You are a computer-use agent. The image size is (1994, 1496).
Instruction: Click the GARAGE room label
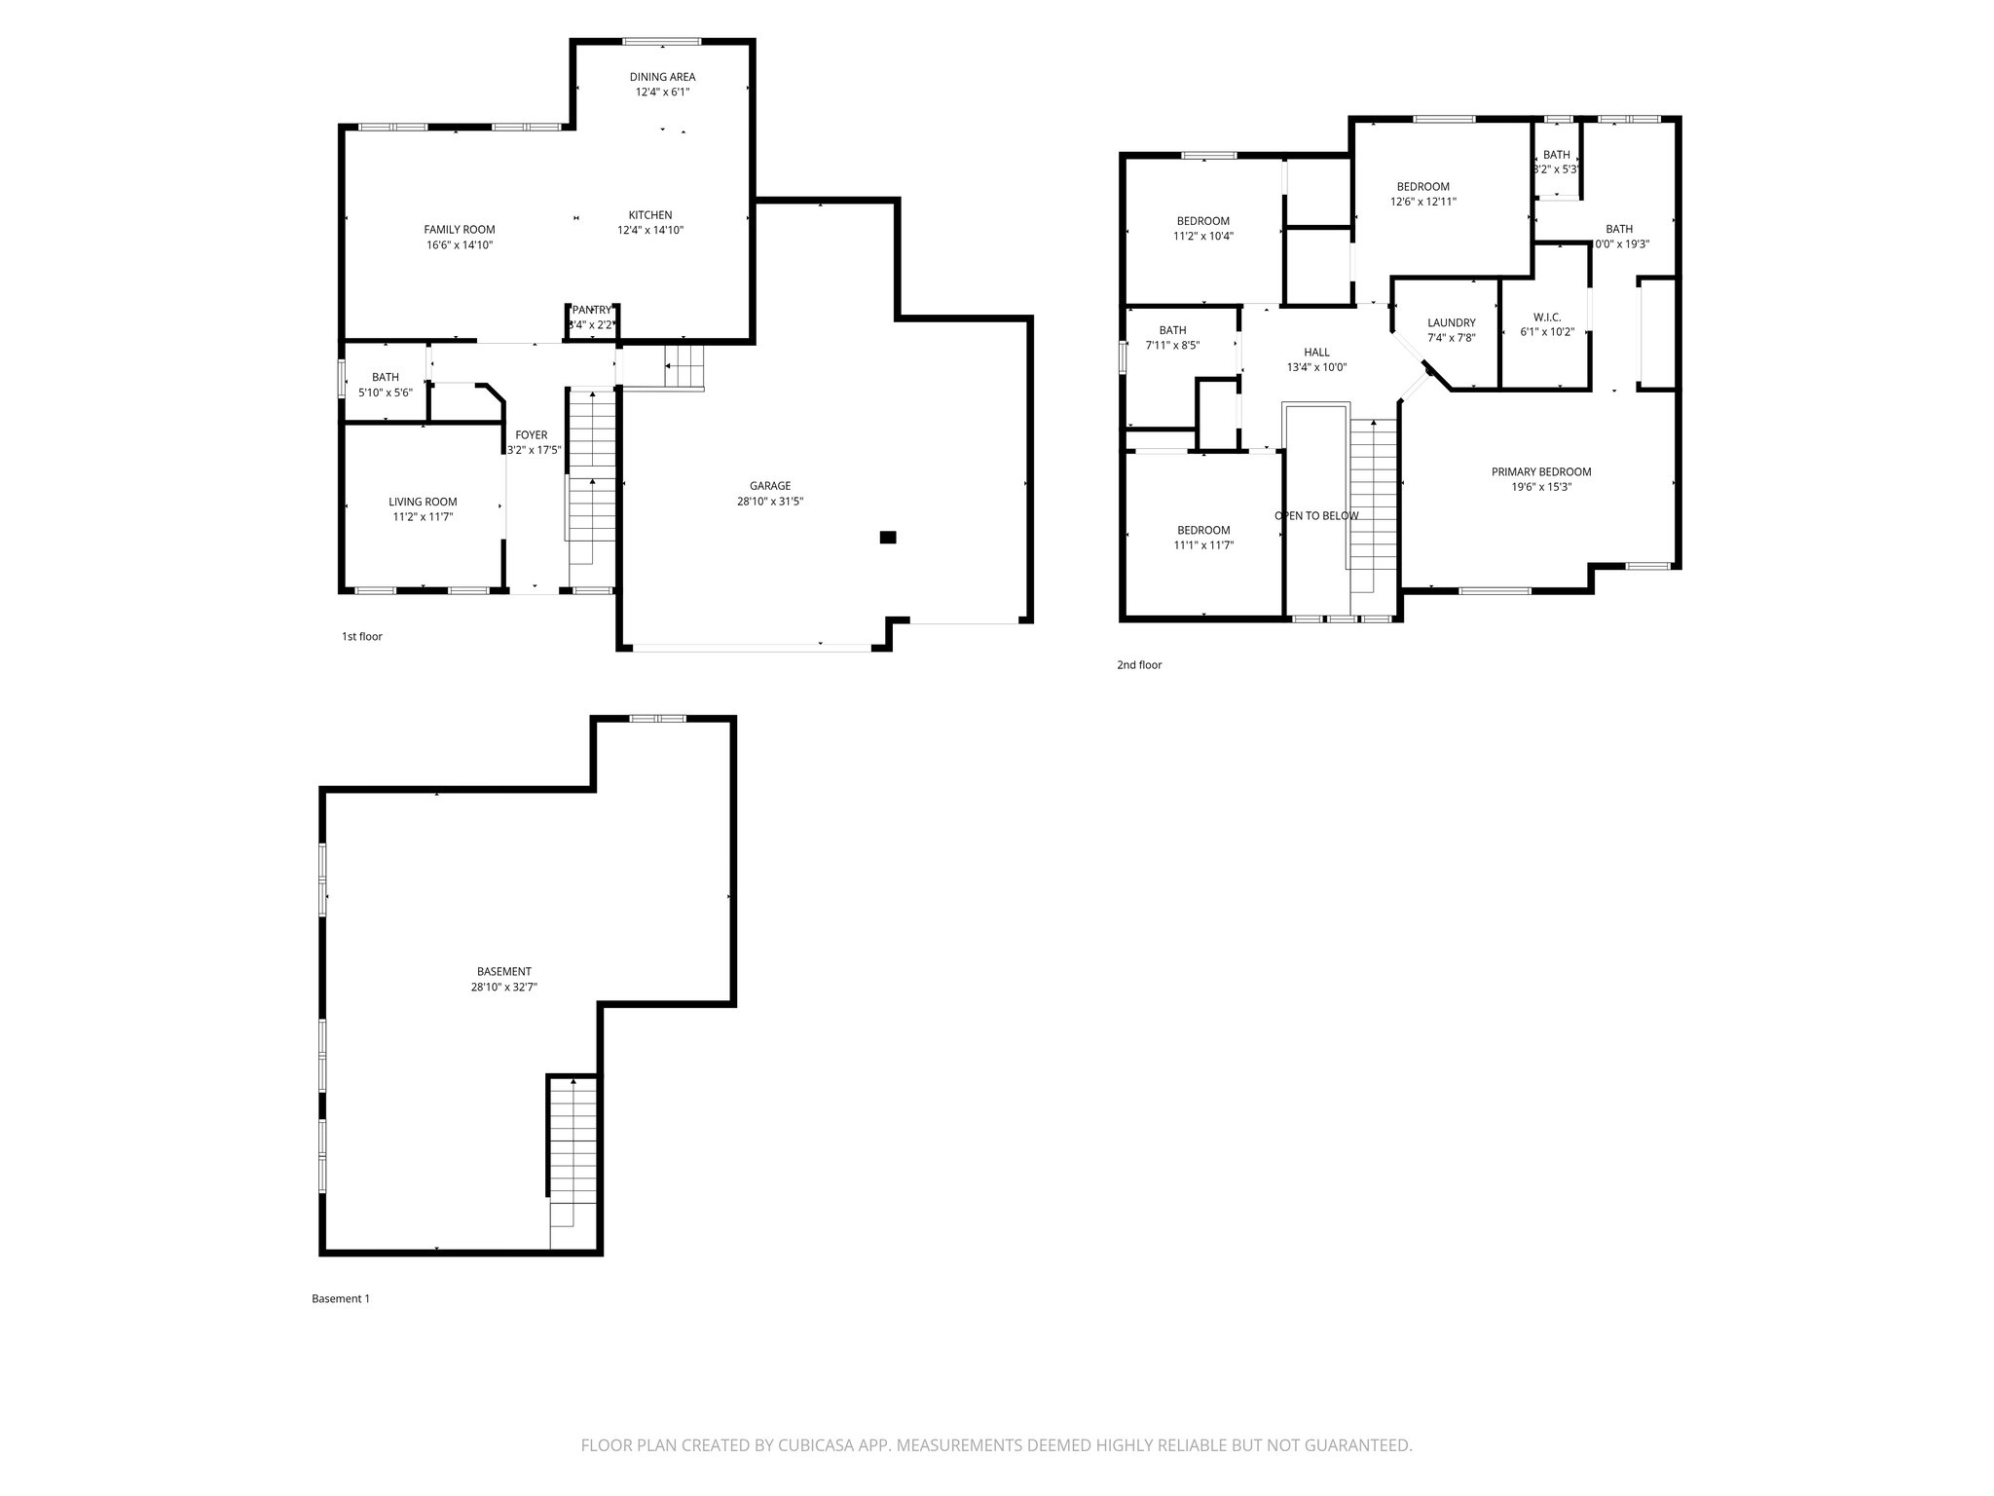[x=770, y=486]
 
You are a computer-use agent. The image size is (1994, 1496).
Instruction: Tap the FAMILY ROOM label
[x=460, y=230]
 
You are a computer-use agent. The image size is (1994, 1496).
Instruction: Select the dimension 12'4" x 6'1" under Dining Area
[x=662, y=93]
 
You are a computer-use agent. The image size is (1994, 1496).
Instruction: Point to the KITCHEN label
[x=649, y=215]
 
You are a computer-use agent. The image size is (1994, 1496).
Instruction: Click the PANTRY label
[x=592, y=310]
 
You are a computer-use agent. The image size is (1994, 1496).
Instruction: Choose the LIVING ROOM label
[x=423, y=503]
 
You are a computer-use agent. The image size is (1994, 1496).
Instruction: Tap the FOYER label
[x=532, y=435]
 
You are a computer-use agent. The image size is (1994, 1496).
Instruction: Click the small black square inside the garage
[x=887, y=537]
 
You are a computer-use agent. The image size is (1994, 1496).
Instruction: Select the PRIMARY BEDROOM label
[x=1541, y=472]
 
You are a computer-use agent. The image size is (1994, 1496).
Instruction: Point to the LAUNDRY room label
[x=1451, y=323]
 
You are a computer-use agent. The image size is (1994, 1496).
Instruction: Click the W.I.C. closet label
[x=1546, y=318]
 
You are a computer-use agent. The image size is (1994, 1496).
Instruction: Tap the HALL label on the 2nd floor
[x=1316, y=353]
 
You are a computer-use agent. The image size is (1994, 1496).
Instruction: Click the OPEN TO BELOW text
[x=1316, y=516]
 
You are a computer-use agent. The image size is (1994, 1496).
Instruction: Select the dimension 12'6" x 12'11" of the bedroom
[x=1422, y=203]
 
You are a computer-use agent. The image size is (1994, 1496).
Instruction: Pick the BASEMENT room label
[x=503, y=972]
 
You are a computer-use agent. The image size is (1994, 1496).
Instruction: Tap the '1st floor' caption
[x=361, y=637]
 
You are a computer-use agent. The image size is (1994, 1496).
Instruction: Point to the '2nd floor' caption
[x=1138, y=666]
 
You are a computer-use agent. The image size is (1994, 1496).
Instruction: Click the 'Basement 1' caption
[x=340, y=1299]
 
